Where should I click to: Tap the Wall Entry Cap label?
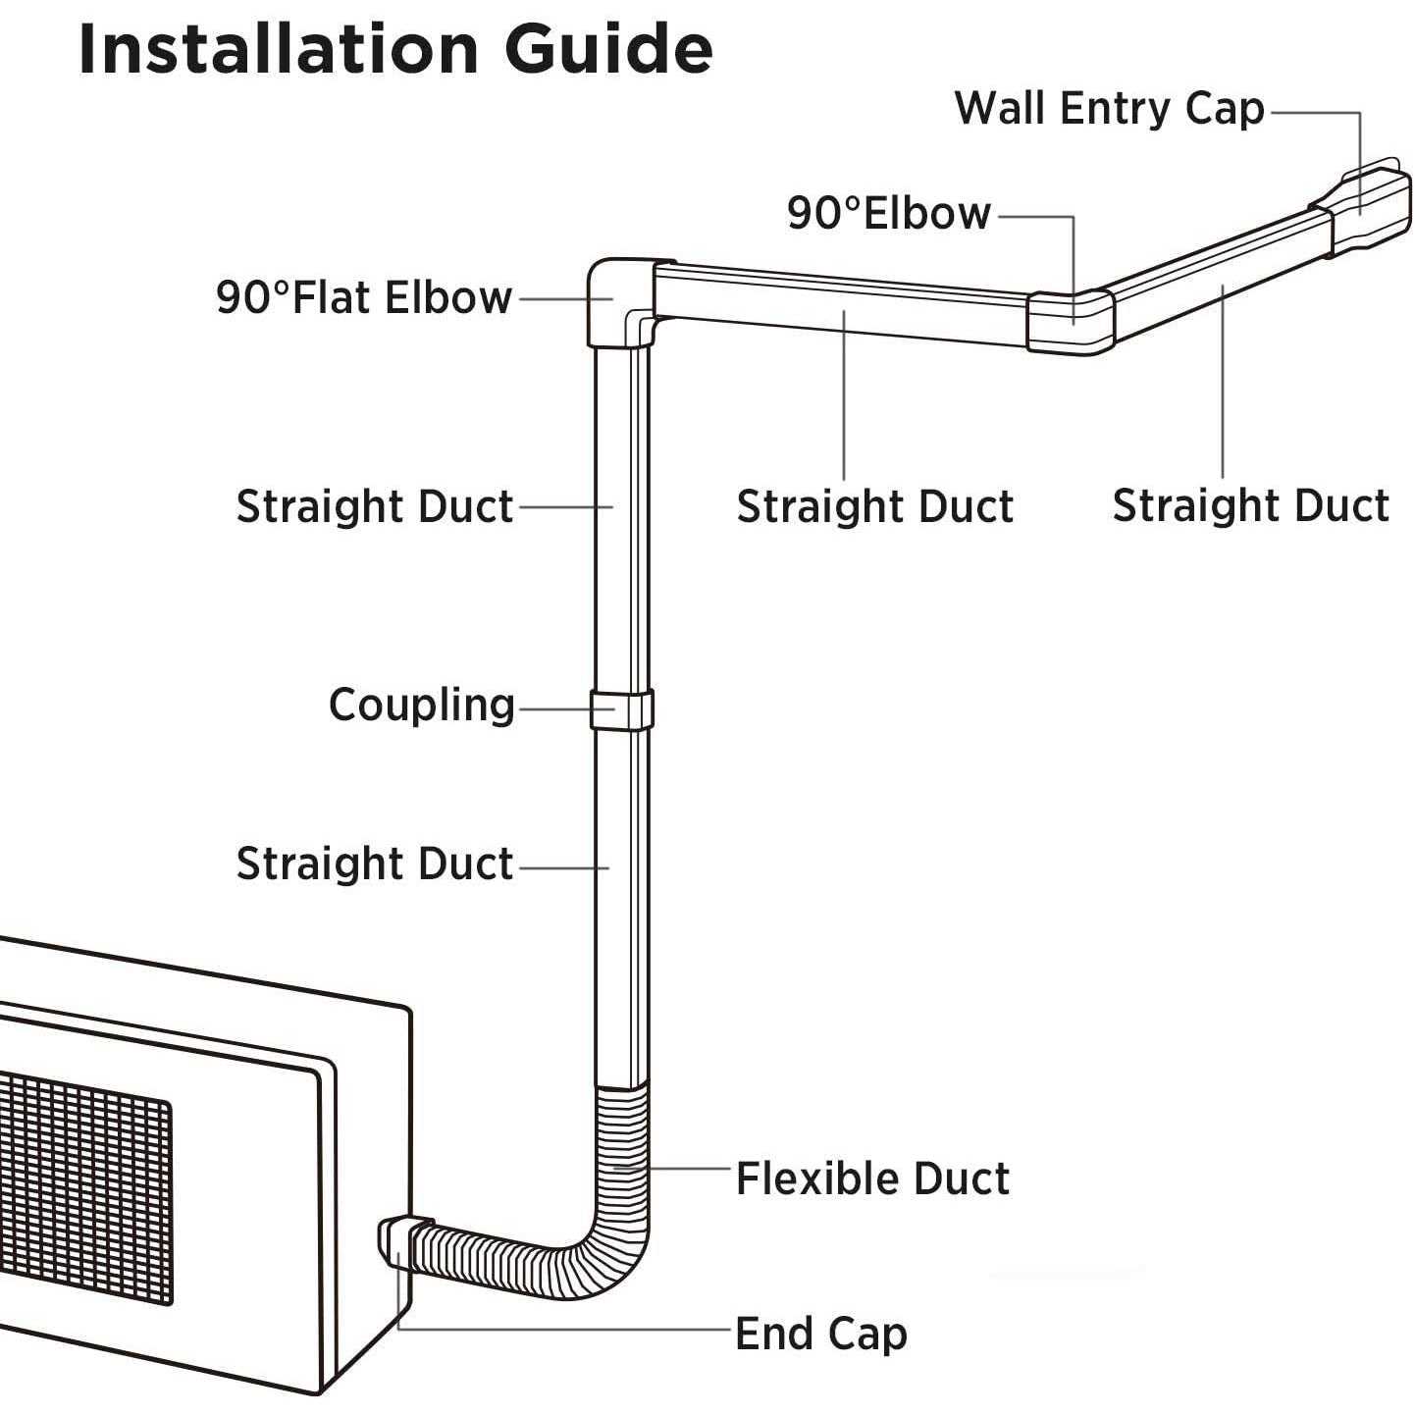1109,108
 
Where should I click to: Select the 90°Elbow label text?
889,213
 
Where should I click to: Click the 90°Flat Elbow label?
364,297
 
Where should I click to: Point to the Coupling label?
421,705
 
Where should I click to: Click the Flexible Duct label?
871,1179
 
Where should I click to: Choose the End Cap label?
820,1334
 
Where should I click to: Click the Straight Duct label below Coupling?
374,864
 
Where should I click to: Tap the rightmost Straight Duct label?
1250,506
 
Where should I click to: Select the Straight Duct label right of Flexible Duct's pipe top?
874,506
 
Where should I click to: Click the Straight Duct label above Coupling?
374,506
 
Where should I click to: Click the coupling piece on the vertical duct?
621,709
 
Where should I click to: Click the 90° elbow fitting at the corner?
1070,320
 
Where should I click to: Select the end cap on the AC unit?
395,1241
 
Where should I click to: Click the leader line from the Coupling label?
553,707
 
